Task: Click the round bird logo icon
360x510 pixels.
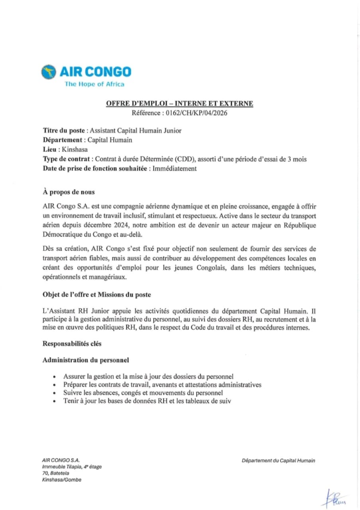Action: tap(49, 72)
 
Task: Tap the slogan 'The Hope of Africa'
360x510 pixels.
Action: tap(95, 84)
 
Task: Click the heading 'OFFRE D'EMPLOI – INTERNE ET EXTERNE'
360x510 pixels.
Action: tap(180, 104)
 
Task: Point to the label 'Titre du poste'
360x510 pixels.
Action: tap(64, 130)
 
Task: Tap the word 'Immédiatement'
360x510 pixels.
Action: tap(174, 168)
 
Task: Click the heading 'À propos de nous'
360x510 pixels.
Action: tap(69, 192)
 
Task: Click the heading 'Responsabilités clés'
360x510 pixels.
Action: tap(76, 344)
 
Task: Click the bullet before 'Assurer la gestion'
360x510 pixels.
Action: tap(54, 376)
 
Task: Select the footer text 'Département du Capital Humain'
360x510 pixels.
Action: tap(278, 461)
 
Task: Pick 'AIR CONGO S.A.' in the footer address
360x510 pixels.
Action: tap(61, 461)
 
